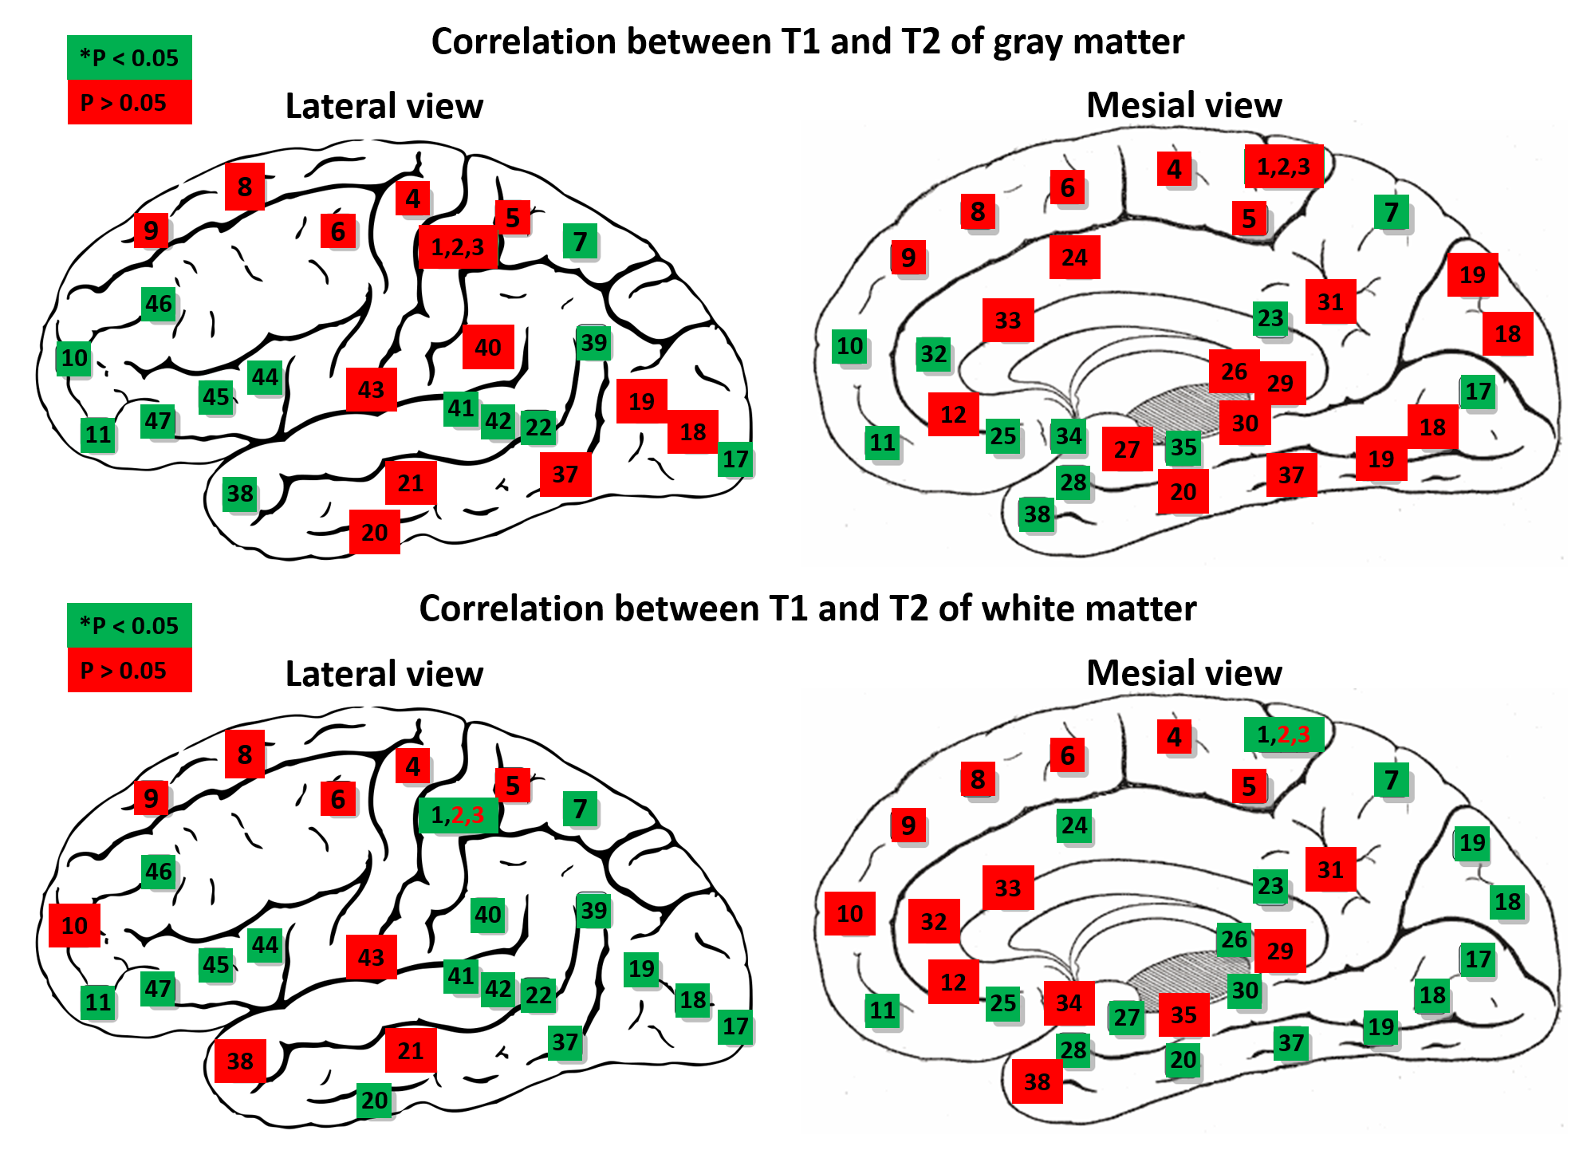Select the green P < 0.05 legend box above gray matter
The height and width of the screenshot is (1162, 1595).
click(x=129, y=57)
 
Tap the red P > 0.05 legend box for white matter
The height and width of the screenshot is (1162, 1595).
click(x=129, y=670)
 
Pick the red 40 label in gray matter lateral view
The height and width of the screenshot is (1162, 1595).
click(x=488, y=347)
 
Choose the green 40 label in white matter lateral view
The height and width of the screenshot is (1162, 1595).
click(x=488, y=914)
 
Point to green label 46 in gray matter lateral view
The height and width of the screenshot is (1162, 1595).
click(x=158, y=304)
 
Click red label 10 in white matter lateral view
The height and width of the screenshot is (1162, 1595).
click(x=74, y=925)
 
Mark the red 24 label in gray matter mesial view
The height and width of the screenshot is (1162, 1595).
click(x=1074, y=257)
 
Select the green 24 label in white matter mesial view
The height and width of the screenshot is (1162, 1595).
click(x=1074, y=825)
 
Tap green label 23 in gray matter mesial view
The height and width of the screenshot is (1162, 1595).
click(x=1270, y=318)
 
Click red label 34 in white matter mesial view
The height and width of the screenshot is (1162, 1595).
click(x=1069, y=1003)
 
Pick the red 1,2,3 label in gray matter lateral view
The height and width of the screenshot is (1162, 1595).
click(x=458, y=247)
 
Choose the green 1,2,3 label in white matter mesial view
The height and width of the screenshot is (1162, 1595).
click(x=1283, y=735)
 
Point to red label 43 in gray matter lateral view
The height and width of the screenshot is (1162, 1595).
click(x=371, y=390)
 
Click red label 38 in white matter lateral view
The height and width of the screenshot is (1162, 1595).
click(x=240, y=1061)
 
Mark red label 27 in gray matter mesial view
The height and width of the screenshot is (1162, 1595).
click(x=1127, y=450)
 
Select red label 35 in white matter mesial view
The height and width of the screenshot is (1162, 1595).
click(x=1183, y=1014)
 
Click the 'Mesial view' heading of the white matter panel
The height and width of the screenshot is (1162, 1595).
click(x=1184, y=673)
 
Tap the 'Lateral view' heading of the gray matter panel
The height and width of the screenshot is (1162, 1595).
click(x=384, y=106)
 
